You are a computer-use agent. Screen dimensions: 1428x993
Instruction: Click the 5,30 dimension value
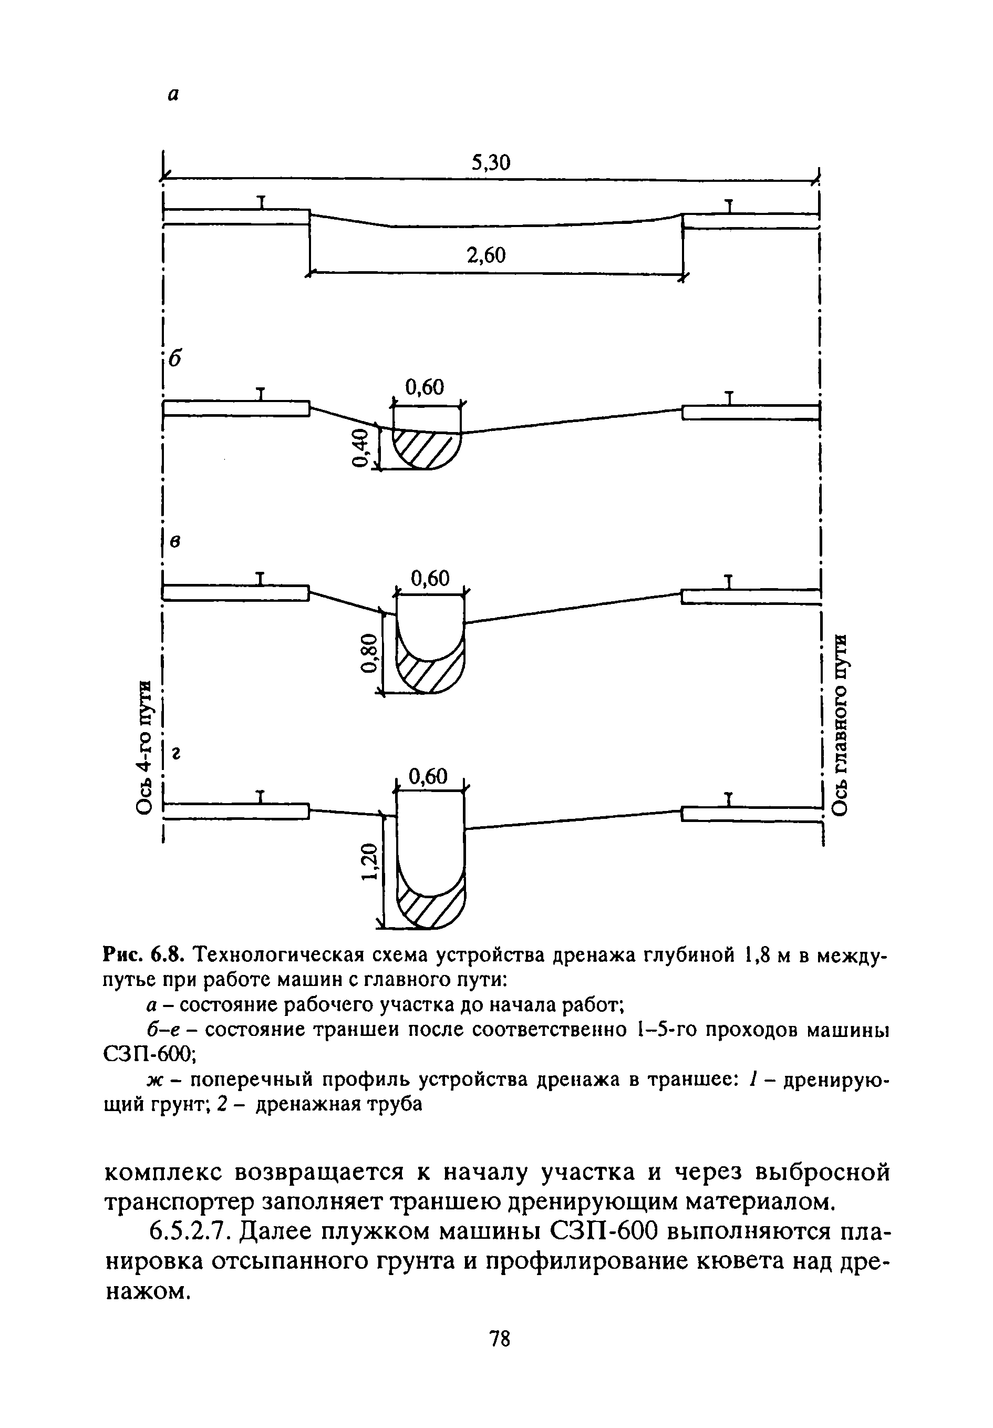(490, 163)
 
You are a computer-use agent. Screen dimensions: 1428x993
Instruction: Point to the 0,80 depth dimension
(368, 654)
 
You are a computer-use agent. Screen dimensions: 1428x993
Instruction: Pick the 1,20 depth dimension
(369, 862)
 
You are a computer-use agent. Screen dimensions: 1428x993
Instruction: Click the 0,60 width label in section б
(425, 387)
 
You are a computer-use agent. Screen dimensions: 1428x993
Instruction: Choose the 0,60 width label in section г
(428, 777)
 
